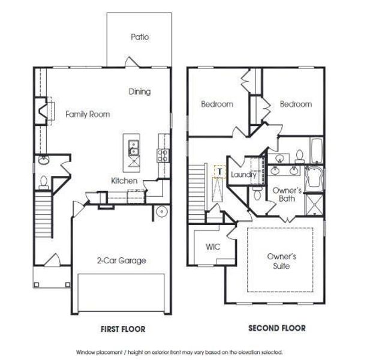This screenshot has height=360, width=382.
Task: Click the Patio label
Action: (x=139, y=37)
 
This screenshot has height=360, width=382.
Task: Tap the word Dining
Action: (x=139, y=92)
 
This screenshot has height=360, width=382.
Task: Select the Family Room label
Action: (x=88, y=114)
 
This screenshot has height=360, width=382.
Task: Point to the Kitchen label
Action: (x=124, y=181)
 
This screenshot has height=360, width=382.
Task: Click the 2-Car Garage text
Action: (x=121, y=260)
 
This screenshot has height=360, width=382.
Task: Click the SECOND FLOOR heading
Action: (x=276, y=328)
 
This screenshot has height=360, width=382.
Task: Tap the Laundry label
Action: (x=243, y=175)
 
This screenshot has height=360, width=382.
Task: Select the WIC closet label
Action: (x=213, y=247)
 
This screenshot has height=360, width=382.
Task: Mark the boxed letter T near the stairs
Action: (x=219, y=171)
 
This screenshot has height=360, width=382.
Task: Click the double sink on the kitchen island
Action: (x=133, y=144)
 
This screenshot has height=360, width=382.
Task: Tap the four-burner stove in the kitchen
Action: (x=162, y=155)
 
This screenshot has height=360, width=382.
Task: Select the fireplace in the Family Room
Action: (x=42, y=110)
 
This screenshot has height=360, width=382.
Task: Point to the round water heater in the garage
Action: (x=161, y=212)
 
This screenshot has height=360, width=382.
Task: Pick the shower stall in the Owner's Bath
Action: (x=314, y=204)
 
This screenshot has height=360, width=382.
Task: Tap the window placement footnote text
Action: (x=179, y=352)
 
